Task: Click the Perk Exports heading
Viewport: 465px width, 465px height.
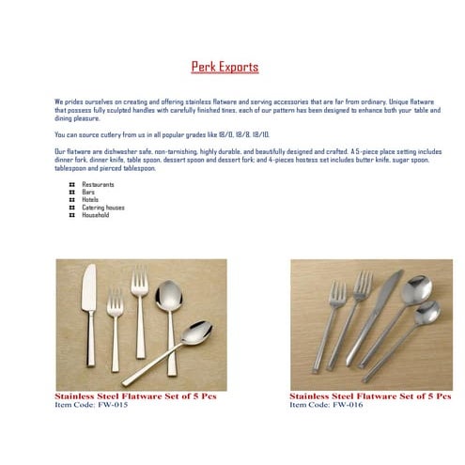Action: [x=225, y=68]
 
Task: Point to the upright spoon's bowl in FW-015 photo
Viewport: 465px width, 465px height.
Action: [x=166, y=298]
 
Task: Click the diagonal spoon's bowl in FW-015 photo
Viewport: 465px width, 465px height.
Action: [x=195, y=333]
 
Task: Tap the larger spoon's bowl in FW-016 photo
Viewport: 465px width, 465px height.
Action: [x=412, y=289]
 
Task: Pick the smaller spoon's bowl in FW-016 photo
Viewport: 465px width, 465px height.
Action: [x=429, y=311]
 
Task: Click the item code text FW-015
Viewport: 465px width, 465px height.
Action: [x=90, y=404]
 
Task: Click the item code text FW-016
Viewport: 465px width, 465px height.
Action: [x=325, y=404]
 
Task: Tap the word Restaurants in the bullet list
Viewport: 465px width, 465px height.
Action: [x=99, y=184]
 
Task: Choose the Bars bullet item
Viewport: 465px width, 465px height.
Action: [x=88, y=192]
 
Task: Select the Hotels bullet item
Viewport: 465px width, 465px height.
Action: [x=90, y=199]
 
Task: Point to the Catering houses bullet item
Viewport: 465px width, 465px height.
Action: [x=103, y=208]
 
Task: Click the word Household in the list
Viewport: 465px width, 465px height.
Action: [x=96, y=215]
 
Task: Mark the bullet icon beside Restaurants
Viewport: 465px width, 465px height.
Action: [x=72, y=184]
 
